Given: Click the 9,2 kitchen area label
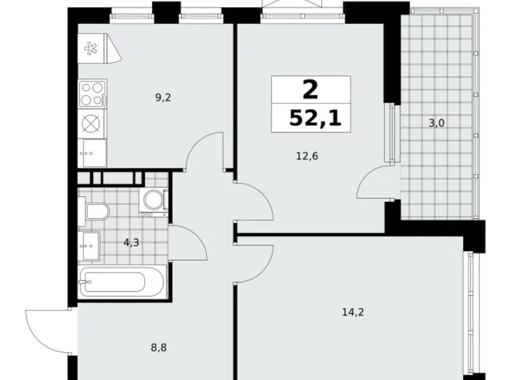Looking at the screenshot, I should (x=163, y=98).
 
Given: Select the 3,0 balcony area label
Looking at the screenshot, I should (x=437, y=123).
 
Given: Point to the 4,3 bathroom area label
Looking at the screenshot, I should (x=131, y=242).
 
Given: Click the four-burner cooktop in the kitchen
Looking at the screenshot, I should (x=92, y=93).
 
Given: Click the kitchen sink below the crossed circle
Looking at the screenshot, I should (x=92, y=152).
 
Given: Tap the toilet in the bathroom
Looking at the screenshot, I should (x=96, y=212).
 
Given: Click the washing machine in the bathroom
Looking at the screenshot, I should (x=155, y=202).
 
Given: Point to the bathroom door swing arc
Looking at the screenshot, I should (x=191, y=239).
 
